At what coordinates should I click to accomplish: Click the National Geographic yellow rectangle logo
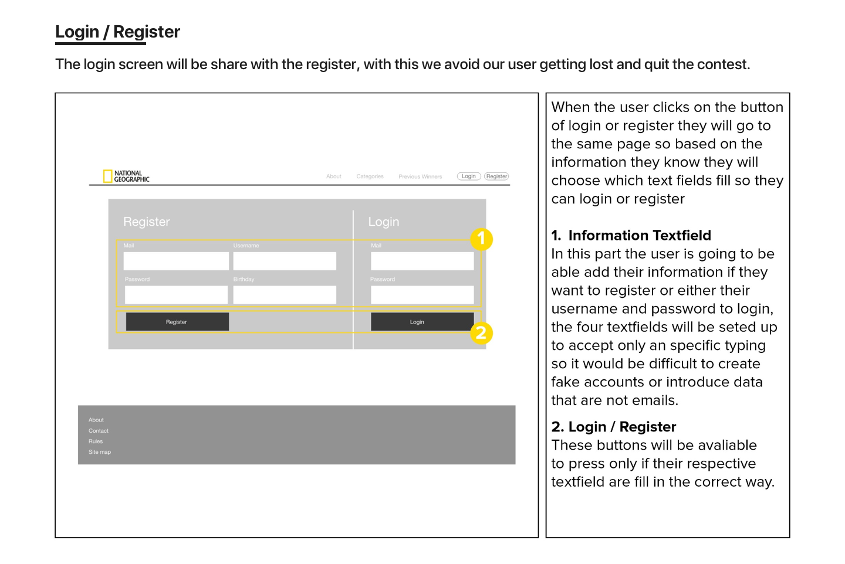(x=107, y=176)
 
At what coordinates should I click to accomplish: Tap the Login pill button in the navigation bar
(x=469, y=176)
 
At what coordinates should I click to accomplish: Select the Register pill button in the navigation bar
(x=496, y=176)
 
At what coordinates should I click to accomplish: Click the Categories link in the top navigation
(x=370, y=176)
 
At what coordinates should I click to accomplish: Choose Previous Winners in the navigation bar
(x=420, y=176)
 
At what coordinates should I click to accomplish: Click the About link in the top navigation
(x=334, y=176)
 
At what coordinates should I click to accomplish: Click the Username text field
(x=285, y=261)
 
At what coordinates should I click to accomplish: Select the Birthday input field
(x=285, y=295)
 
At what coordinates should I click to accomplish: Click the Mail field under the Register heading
(x=176, y=261)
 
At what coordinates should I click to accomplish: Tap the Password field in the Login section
(x=422, y=295)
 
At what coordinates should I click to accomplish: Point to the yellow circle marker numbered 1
(x=481, y=239)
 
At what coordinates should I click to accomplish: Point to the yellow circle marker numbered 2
(x=481, y=333)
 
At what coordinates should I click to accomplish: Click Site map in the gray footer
(x=100, y=452)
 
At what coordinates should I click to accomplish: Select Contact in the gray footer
(x=99, y=431)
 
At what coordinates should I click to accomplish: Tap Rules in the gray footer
(x=96, y=441)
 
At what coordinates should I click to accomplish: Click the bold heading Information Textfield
(x=639, y=236)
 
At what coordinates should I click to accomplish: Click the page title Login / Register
(x=117, y=32)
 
